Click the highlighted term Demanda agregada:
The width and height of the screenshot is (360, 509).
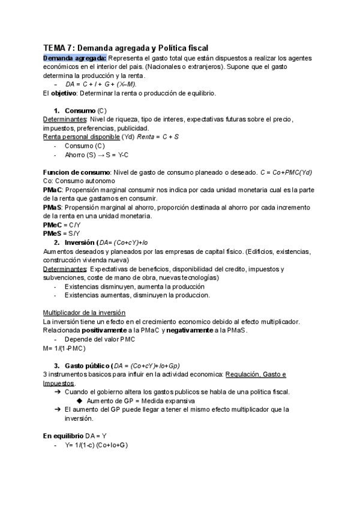[74, 58]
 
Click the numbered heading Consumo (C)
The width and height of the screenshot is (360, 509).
[85, 111]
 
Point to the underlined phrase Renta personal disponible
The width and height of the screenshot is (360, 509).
[81, 137]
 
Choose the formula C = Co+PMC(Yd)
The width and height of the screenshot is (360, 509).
[286, 172]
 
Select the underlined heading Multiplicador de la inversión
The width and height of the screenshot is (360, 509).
[85, 313]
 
